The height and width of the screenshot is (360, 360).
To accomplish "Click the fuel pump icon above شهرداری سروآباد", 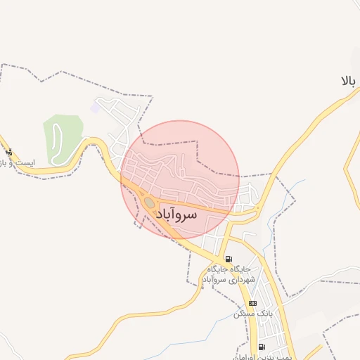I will [227, 259].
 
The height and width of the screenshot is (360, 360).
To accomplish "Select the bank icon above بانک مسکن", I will [253, 303].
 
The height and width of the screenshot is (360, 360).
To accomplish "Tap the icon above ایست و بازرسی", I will [8, 152].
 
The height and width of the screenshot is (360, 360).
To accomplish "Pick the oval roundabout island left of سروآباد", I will [149, 203].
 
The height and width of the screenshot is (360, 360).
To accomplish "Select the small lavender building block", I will [95, 108].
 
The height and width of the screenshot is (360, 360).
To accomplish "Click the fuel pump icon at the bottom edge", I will [262, 347].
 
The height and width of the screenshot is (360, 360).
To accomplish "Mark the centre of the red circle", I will [180, 180].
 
